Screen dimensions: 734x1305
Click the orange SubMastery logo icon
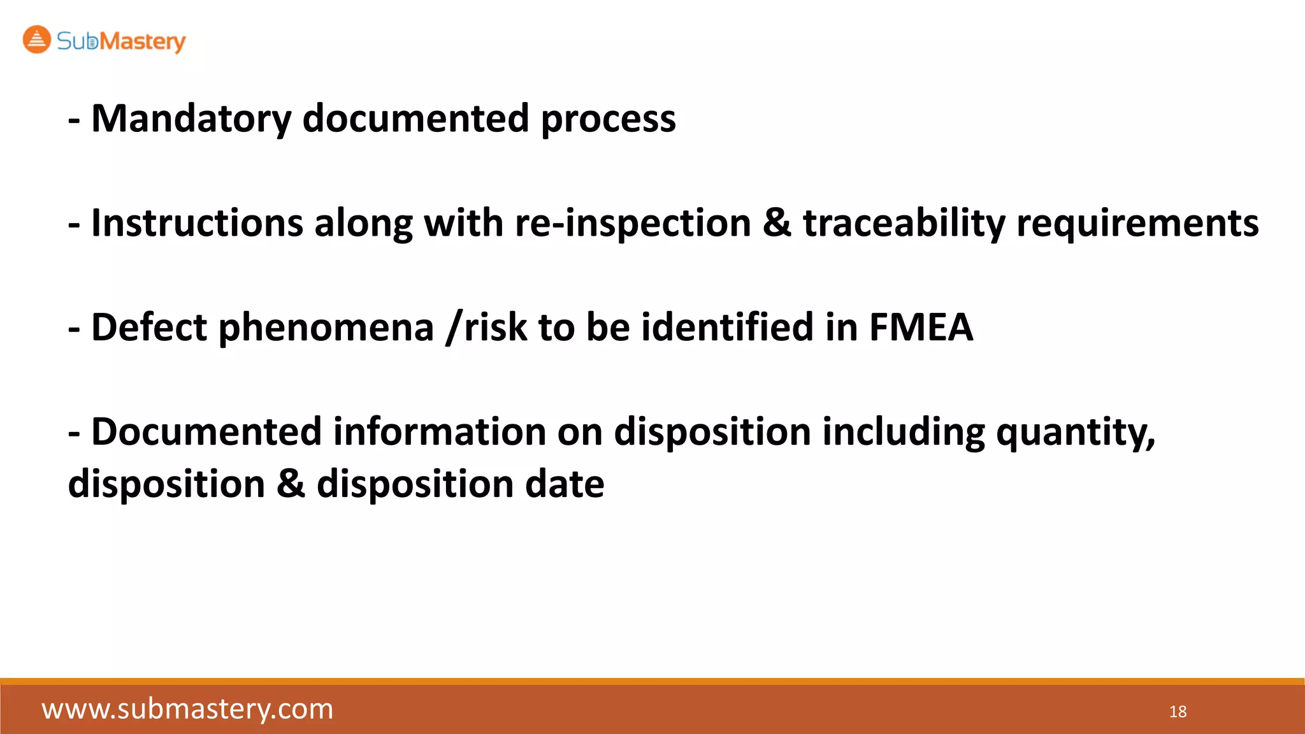tap(36, 40)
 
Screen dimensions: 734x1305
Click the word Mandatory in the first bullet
tap(191, 119)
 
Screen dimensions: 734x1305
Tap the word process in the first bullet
tap(608, 119)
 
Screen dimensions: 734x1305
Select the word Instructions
tap(197, 224)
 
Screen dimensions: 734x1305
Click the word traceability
tap(904, 224)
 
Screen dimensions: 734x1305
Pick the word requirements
tap(1137, 224)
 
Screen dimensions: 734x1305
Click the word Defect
tap(149, 327)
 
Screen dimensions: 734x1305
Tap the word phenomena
tap(326, 327)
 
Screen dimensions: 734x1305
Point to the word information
tap(440, 432)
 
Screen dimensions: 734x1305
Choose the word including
tap(904, 432)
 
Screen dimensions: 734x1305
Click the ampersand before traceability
tap(777, 224)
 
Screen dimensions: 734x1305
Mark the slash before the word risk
tap(452, 327)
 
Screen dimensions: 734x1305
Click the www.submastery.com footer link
tap(187, 709)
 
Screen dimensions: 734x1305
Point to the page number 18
tap(1178, 712)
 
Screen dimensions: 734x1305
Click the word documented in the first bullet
tap(415, 119)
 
